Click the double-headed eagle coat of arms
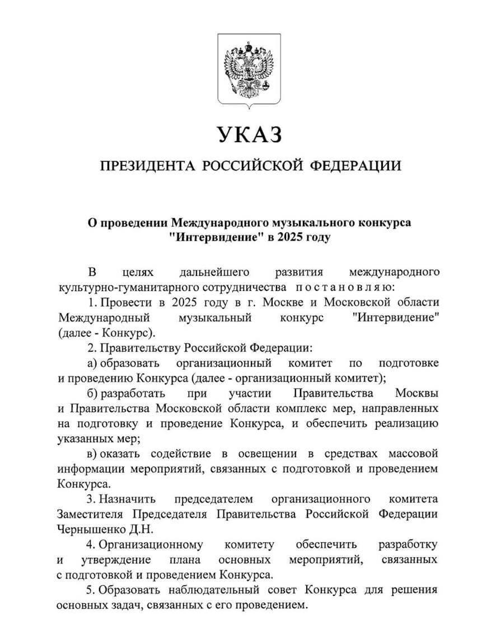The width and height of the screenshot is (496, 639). click(x=248, y=68)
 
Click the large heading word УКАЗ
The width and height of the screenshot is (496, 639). click(x=248, y=135)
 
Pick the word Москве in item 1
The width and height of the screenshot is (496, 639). click(x=267, y=302)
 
